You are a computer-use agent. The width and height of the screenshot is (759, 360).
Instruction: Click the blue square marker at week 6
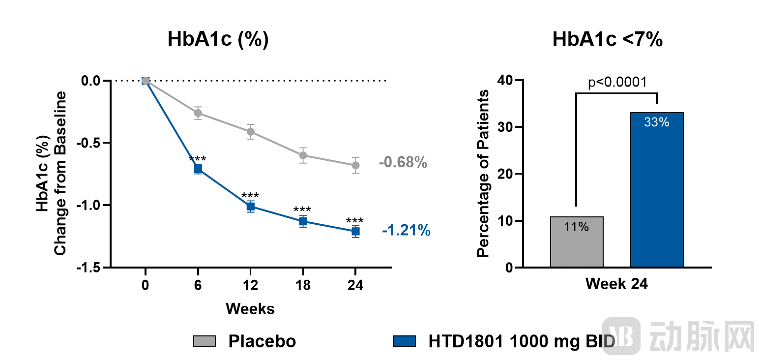pyautogui.click(x=198, y=169)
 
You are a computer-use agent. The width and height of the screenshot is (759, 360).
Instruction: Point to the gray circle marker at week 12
pyautogui.click(x=251, y=131)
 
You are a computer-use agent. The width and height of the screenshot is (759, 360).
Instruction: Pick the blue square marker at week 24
pyautogui.click(x=355, y=231)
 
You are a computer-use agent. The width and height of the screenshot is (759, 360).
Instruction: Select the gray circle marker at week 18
pyautogui.click(x=303, y=155)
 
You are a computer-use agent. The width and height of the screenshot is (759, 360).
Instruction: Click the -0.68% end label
pyautogui.click(x=403, y=162)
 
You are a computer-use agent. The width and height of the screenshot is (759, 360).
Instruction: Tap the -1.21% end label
pyautogui.click(x=406, y=230)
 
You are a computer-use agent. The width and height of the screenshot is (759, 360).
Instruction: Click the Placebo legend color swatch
pyautogui.click(x=204, y=341)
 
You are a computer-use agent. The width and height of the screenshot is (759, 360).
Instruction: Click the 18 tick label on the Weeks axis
pyautogui.click(x=303, y=286)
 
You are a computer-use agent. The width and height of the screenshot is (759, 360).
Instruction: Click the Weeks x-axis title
pyautogui.click(x=250, y=309)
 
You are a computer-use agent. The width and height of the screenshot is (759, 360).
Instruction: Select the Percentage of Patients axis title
pyautogui.click(x=484, y=173)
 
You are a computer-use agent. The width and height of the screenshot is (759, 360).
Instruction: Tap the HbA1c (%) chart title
pyautogui.click(x=218, y=40)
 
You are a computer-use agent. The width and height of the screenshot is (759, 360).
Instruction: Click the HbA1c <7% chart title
pyautogui.click(x=607, y=40)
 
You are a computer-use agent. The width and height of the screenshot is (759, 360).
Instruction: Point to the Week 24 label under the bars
pyautogui.click(x=616, y=284)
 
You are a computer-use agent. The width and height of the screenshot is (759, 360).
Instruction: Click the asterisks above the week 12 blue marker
pyautogui.click(x=251, y=195)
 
